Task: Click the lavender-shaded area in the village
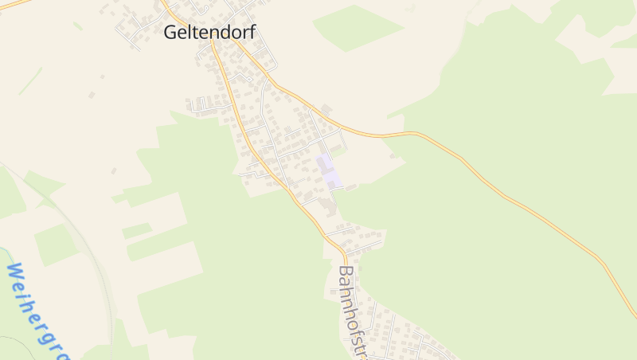pyautogui.click(x=328, y=171)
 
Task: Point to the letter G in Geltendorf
pyautogui.click(x=171, y=33)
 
